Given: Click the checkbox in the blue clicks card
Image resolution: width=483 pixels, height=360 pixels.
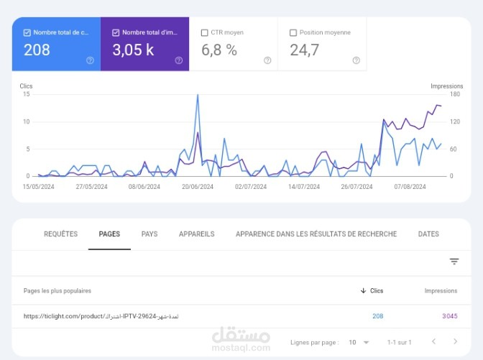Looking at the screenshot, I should coord(27,32).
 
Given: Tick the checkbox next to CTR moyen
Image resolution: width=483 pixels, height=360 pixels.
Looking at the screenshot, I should coord(205,32).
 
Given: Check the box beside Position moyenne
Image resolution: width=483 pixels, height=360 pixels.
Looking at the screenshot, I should coord(293,32).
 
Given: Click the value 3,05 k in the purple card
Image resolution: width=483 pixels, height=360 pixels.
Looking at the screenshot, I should coord(133,50).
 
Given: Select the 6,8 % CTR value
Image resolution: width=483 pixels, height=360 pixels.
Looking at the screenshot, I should coord(218,50).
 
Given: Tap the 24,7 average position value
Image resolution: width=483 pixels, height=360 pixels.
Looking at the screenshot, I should coord(305,50).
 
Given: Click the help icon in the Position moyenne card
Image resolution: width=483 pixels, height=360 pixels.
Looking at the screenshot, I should coord(356,60).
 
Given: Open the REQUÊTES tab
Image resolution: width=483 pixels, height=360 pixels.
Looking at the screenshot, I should coord(60,234).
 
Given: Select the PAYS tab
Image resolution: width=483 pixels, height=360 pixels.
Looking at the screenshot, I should coord(149,234).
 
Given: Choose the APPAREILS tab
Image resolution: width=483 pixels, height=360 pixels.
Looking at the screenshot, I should coord(196,234).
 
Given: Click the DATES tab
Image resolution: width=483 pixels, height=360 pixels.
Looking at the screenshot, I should coord(428,234).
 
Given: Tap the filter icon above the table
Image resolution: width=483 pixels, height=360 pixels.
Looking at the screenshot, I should coord(454,262).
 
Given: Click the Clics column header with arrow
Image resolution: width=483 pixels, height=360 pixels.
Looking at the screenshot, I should coord(372,291).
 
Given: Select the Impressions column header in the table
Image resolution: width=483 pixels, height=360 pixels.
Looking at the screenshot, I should coord(441,291).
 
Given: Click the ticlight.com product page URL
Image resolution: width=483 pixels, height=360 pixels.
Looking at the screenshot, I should coord(101,316).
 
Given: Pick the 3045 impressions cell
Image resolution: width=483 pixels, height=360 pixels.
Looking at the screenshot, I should coord(449,316).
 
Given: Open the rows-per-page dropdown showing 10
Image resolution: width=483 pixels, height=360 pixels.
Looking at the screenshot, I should coord(357,342).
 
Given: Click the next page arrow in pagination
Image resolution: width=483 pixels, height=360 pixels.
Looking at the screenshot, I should coord(454,342).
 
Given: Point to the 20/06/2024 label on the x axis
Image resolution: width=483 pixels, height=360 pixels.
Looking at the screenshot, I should coord(197,186).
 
